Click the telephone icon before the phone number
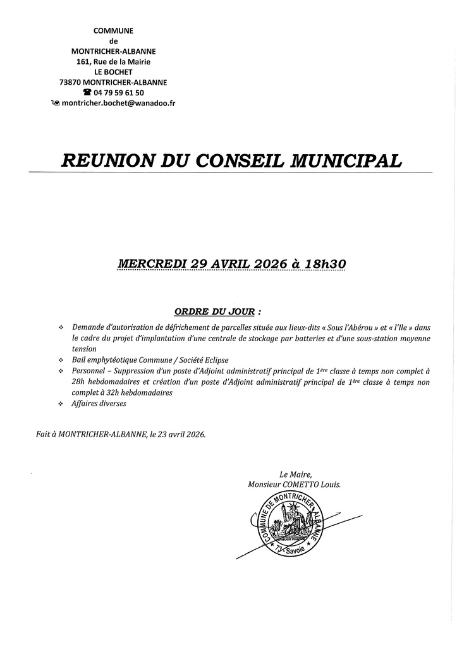tap(87, 92)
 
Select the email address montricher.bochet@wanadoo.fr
tap(118, 102)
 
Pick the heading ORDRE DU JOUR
tap(214, 312)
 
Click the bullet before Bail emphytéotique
tap(61, 360)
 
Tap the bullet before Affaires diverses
tap(61, 404)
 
